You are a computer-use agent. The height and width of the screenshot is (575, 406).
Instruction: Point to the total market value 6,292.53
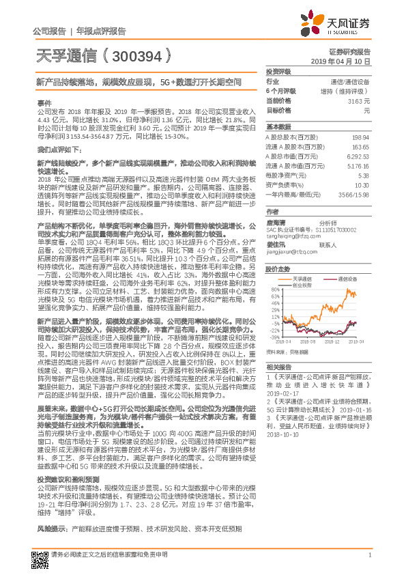pyautogui.click(x=357, y=156)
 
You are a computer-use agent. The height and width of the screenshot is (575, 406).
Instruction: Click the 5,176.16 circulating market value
pyautogui.click(x=357, y=165)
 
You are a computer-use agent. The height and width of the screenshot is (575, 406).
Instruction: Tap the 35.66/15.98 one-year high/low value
pyautogui.click(x=355, y=194)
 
